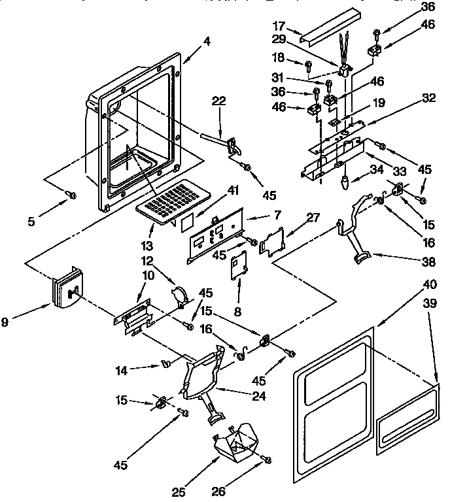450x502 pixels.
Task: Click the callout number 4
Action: [207, 41]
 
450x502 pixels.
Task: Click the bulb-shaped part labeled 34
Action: [343, 180]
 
